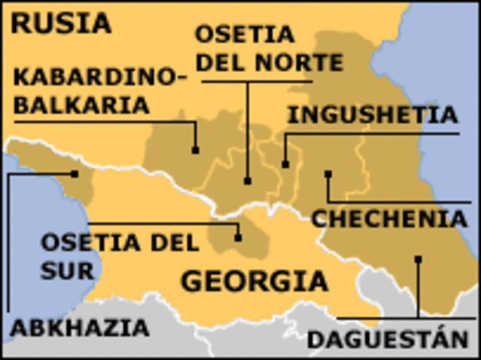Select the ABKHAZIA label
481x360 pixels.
tap(79, 328)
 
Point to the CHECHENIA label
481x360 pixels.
tap(389, 219)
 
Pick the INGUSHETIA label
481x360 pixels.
tap(373, 115)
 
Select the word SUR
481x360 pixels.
tap(67, 269)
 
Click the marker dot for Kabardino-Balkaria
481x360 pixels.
tap(195, 150)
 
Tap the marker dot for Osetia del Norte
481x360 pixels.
tap(247, 180)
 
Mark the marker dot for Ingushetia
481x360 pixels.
tap(286, 164)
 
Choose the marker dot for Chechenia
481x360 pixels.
tap(328, 174)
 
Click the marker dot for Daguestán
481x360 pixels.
tap(418, 259)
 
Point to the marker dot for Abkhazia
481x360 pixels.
tap(74, 174)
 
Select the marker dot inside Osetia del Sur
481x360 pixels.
tap(237, 237)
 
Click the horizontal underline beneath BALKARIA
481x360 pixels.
tap(98, 121)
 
